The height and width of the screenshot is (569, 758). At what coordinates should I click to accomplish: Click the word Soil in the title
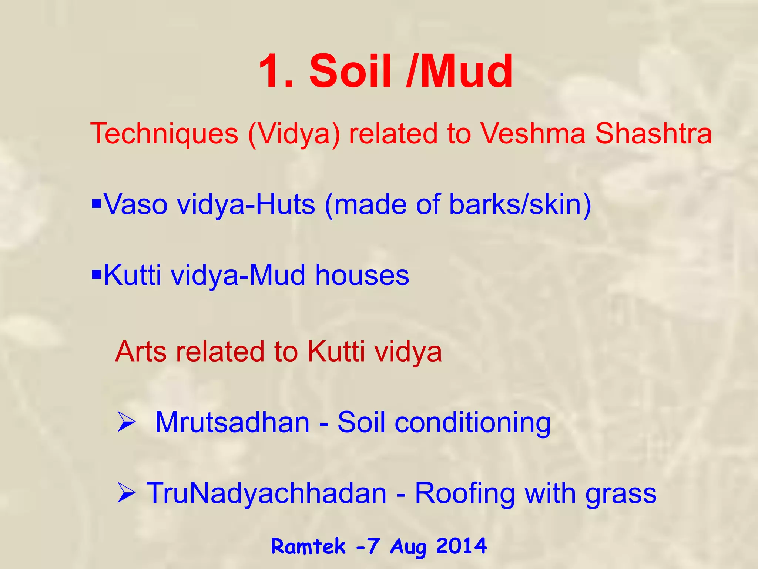(350, 71)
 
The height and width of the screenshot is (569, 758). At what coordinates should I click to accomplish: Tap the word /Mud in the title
(459, 71)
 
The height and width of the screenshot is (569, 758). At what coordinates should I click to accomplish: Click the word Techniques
(164, 134)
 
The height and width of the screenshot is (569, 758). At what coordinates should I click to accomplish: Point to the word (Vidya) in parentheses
(294, 134)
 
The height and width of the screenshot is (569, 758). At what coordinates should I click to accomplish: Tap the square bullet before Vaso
(96, 203)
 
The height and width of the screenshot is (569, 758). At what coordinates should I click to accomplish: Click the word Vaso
(135, 204)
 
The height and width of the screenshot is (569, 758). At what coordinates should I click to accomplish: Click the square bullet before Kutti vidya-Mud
(96, 274)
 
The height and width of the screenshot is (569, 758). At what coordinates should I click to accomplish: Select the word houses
(362, 276)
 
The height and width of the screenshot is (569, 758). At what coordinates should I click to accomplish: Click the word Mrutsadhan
(232, 423)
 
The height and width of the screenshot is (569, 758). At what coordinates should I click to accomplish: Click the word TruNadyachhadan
(266, 493)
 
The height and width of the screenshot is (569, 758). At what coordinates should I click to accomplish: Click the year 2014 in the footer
(461, 546)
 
